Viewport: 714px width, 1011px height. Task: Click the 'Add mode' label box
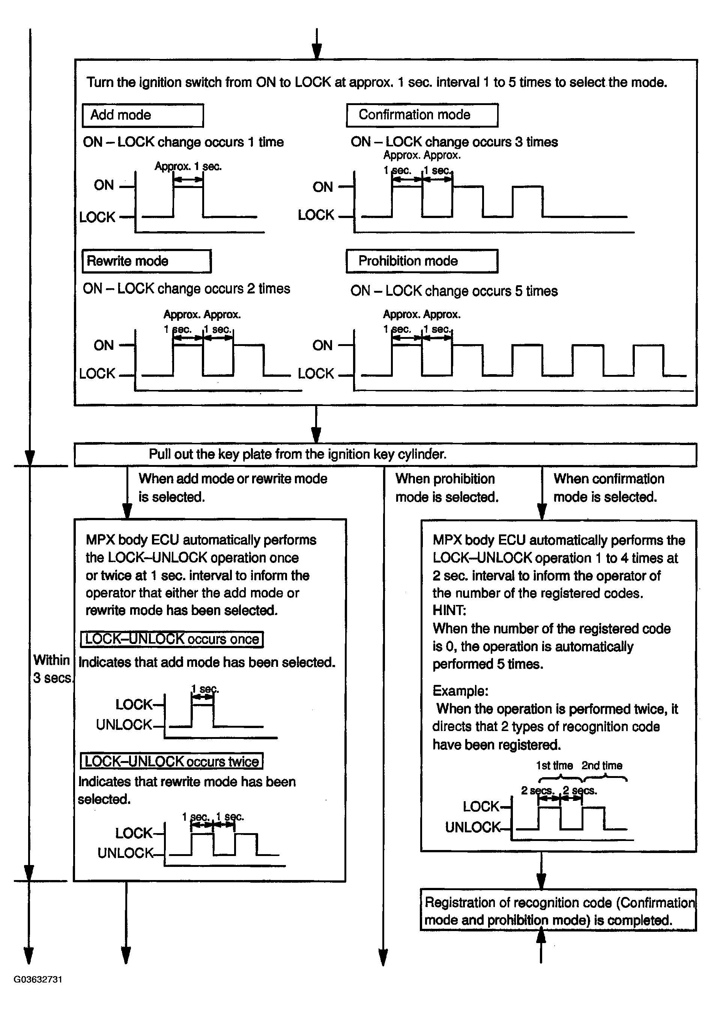143,115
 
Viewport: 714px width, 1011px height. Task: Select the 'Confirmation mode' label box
422,115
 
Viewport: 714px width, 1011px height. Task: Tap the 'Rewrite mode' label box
146,261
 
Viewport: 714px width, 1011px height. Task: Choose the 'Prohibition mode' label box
422,261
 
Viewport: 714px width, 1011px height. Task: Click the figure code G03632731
38,979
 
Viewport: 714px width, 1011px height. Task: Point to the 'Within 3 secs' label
52,668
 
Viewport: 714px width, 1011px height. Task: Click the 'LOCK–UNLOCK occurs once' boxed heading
172,639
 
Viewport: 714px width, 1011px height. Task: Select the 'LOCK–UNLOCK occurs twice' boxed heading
172,761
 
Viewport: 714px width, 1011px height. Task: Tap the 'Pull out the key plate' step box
385,454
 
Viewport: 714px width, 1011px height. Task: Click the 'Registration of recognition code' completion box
558,911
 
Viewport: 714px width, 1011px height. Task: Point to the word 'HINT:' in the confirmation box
449,610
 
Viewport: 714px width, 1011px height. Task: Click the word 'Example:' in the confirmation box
460,691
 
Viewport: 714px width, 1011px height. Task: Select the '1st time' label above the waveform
554,766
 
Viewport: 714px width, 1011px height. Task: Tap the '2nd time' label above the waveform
602,766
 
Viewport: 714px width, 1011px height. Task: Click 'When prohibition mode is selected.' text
446,488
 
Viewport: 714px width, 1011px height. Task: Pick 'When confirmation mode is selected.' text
608,488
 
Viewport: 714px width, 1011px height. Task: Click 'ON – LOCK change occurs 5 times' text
454,291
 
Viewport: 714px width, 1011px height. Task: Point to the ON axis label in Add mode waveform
104,185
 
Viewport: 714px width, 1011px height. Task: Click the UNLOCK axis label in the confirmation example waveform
473,827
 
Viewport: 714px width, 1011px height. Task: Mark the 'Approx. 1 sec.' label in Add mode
188,167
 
